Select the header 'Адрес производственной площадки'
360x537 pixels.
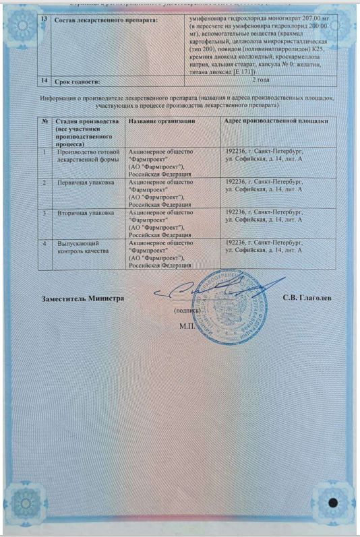(276, 121)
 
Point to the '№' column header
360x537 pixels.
(44, 121)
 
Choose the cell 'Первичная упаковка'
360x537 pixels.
(85, 183)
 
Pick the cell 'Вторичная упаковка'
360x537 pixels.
(85, 213)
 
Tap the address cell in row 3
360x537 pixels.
(264, 216)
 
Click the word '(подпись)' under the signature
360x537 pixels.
(187, 311)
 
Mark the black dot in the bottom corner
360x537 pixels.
(332, 503)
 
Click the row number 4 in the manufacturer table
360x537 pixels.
(44, 243)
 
